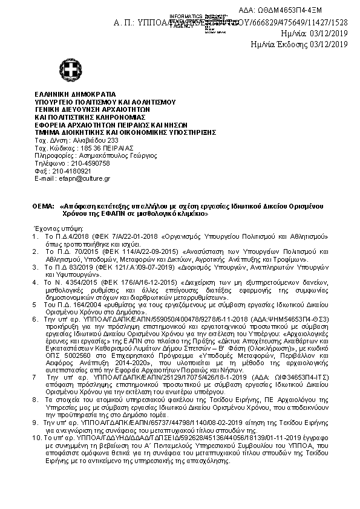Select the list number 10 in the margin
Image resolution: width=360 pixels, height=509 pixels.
pos(36,453)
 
